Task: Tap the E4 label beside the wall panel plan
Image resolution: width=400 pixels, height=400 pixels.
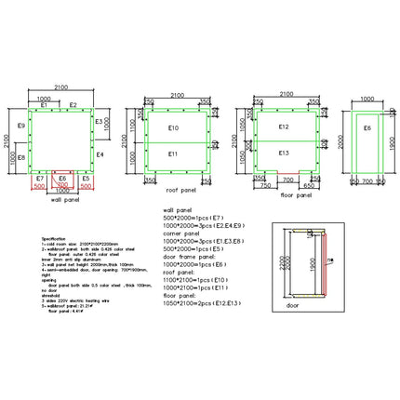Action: [99, 152]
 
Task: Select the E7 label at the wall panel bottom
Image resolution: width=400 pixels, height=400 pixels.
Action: [40, 177]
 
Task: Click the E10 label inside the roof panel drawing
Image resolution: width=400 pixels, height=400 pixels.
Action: [173, 126]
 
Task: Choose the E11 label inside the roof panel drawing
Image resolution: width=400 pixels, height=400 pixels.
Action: [173, 153]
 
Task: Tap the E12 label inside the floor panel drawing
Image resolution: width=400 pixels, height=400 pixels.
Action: [284, 126]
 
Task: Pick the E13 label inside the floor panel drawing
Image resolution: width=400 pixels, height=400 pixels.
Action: [284, 152]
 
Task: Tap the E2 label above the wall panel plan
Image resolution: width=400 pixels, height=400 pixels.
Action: [73, 104]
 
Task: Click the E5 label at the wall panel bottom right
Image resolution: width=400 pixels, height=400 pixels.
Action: [86, 177]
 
